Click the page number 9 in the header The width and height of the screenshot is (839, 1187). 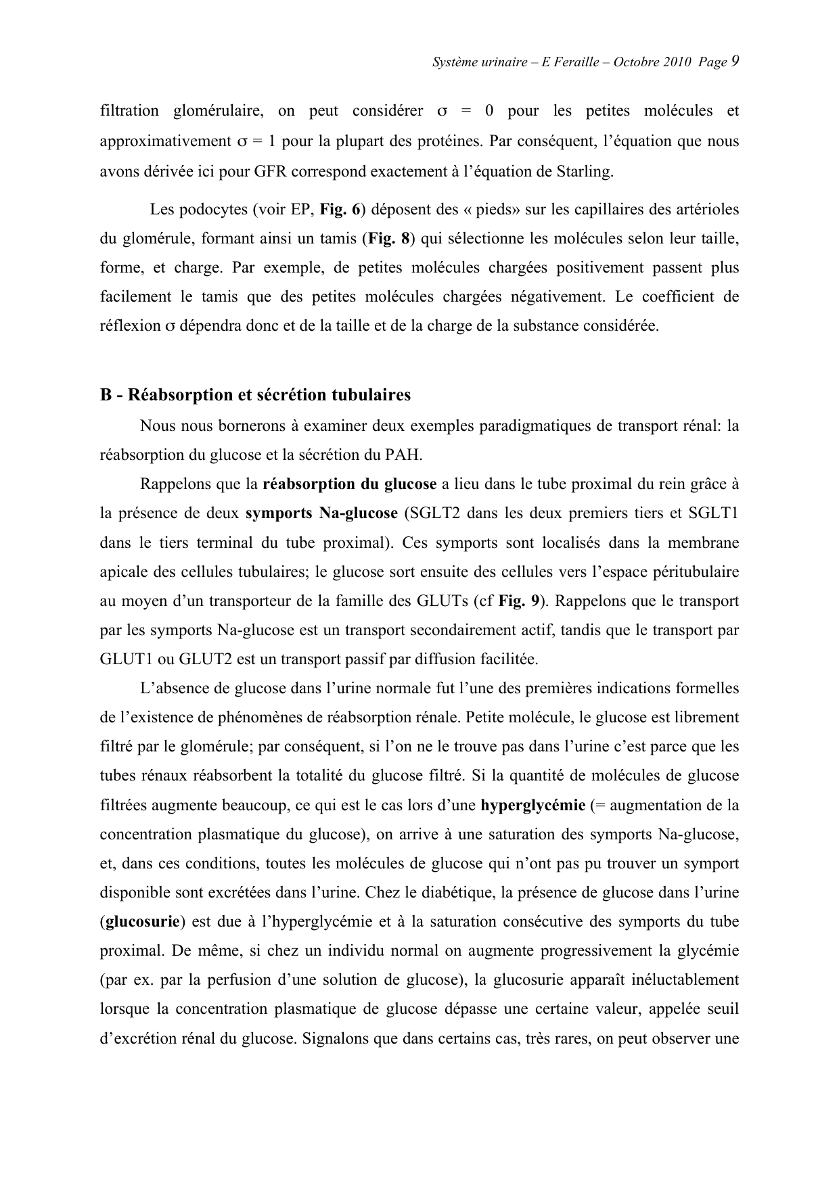coord(734,62)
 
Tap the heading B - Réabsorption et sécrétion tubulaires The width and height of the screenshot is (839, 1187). coord(255,394)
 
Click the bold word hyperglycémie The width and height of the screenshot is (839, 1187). coord(532,805)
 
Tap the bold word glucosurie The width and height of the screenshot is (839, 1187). coord(143,921)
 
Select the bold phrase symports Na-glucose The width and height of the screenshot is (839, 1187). coord(321,513)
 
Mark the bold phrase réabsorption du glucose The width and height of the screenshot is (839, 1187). coord(349,484)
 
